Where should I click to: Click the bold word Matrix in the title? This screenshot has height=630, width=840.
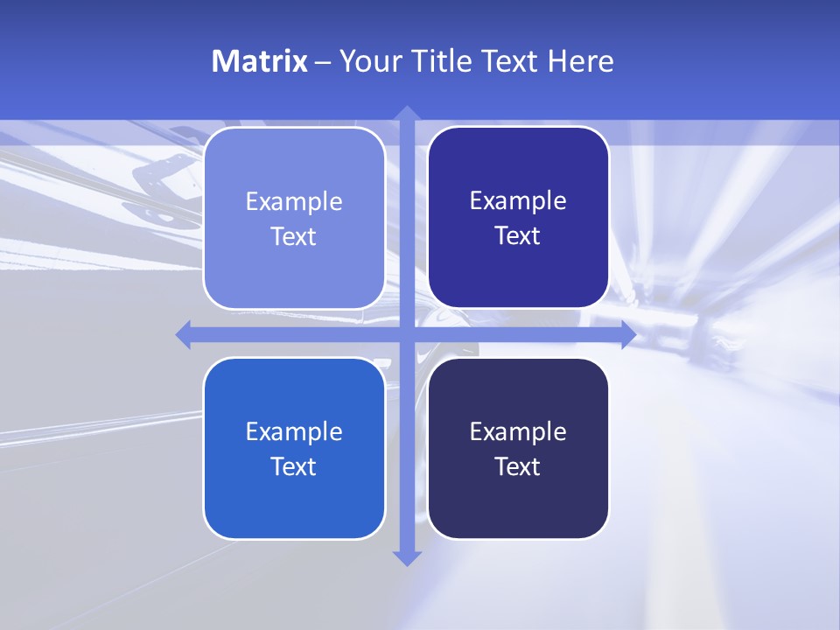[x=259, y=61]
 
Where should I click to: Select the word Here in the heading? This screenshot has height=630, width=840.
[x=580, y=61]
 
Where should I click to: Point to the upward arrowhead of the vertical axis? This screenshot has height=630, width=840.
[x=406, y=113]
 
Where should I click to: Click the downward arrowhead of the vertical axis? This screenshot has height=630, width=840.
[x=406, y=558]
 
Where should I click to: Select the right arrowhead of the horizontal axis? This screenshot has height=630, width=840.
[x=628, y=334]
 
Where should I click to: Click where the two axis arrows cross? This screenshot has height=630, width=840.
[x=406, y=334]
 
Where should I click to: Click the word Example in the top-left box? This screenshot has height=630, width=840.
[x=294, y=202]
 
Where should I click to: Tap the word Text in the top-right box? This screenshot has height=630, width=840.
[x=518, y=236]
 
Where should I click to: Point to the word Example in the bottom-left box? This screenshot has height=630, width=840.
[x=294, y=432]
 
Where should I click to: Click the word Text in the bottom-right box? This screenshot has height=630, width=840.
[x=518, y=466]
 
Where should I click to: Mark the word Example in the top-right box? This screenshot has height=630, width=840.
[x=518, y=201]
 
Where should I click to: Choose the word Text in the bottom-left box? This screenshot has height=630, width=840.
[x=294, y=466]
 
